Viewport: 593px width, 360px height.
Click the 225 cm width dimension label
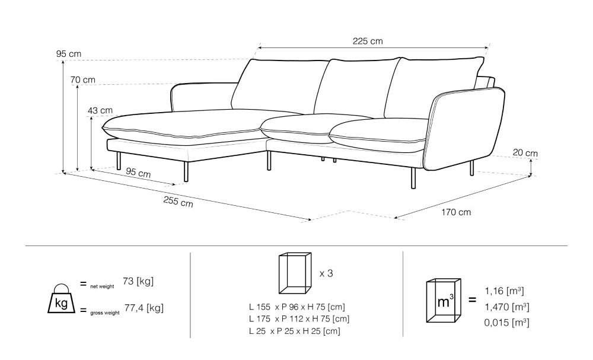pyautogui.click(x=368, y=41)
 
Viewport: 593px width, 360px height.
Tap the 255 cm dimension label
pyautogui.click(x=178, y=202)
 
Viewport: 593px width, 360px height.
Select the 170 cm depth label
pyautogui.click(x=456, y=212)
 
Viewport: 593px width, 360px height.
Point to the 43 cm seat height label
pyautogui.click(x=100, y=110)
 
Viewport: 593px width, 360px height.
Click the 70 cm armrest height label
pyautogui.click(x=83, y=80)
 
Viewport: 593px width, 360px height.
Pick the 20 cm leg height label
pyautogui.click(x=525, y=153)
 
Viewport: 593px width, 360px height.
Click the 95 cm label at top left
pyautogui.click(x=69, y=54)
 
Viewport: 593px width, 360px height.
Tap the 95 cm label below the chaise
pyautogui.click(x=138, y=173)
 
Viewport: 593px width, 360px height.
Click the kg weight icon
pyautogui.click(x=61, y=299)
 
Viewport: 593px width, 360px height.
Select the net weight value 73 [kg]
pyautogui.click(x=138, y=281)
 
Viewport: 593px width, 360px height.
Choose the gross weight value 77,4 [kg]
pyautogui.click(x=144, y=308)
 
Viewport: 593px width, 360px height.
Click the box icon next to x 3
pyautogui.click(x=295, y=273)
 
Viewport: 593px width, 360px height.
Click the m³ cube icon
pyautogui.click(x=444, y=301)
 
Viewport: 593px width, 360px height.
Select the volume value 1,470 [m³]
pyautogui.click(x=507, y=307)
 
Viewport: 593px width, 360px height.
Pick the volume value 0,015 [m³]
pyautogui.click(x=507, y=323)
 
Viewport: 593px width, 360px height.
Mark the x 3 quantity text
pyautogui.click(x=326, y=273)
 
